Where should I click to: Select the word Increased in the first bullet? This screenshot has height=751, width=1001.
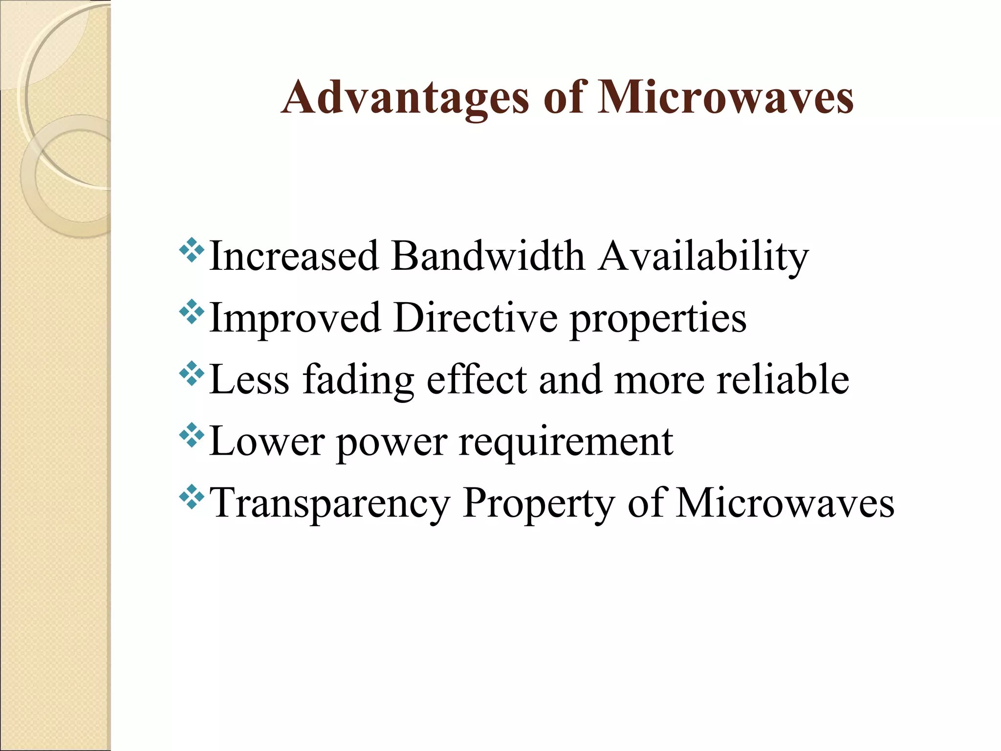click(294, 256)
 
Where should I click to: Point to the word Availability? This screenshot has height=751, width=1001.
click(704, 257)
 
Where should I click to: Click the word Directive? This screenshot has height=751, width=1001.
click(475, 318)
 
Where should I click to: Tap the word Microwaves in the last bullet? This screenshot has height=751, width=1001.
click(785, 504)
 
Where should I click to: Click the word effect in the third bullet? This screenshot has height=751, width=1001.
click(477, 380)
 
